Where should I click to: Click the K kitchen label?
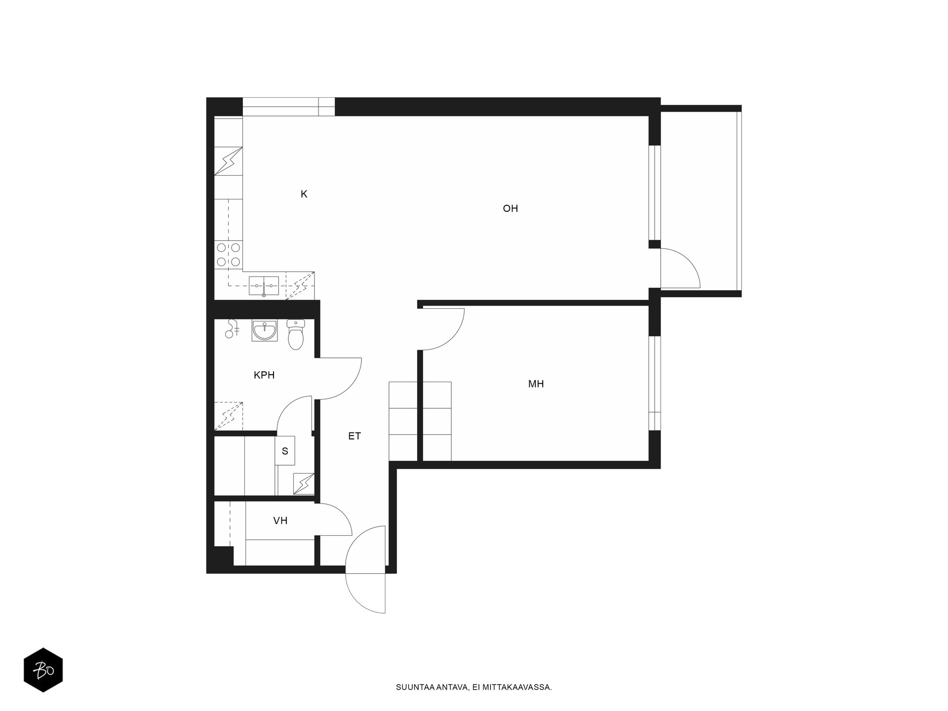pos(304,194)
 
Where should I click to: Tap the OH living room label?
pos(510,208)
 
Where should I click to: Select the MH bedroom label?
pos(536,384)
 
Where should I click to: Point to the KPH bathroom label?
pos(264,375)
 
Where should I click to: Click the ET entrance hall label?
pos(355,436)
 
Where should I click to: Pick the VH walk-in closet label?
pos(280,520)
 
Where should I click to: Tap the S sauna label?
pos(285,451)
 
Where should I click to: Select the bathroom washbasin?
pos(265,330)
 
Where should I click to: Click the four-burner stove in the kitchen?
pos(229,254)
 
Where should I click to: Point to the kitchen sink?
pos(264,286)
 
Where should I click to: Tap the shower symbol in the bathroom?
pos(231,328)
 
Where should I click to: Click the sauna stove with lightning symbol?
pos(304,484)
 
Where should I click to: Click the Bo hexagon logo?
pos(43,670)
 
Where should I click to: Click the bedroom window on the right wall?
pos(655,383)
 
